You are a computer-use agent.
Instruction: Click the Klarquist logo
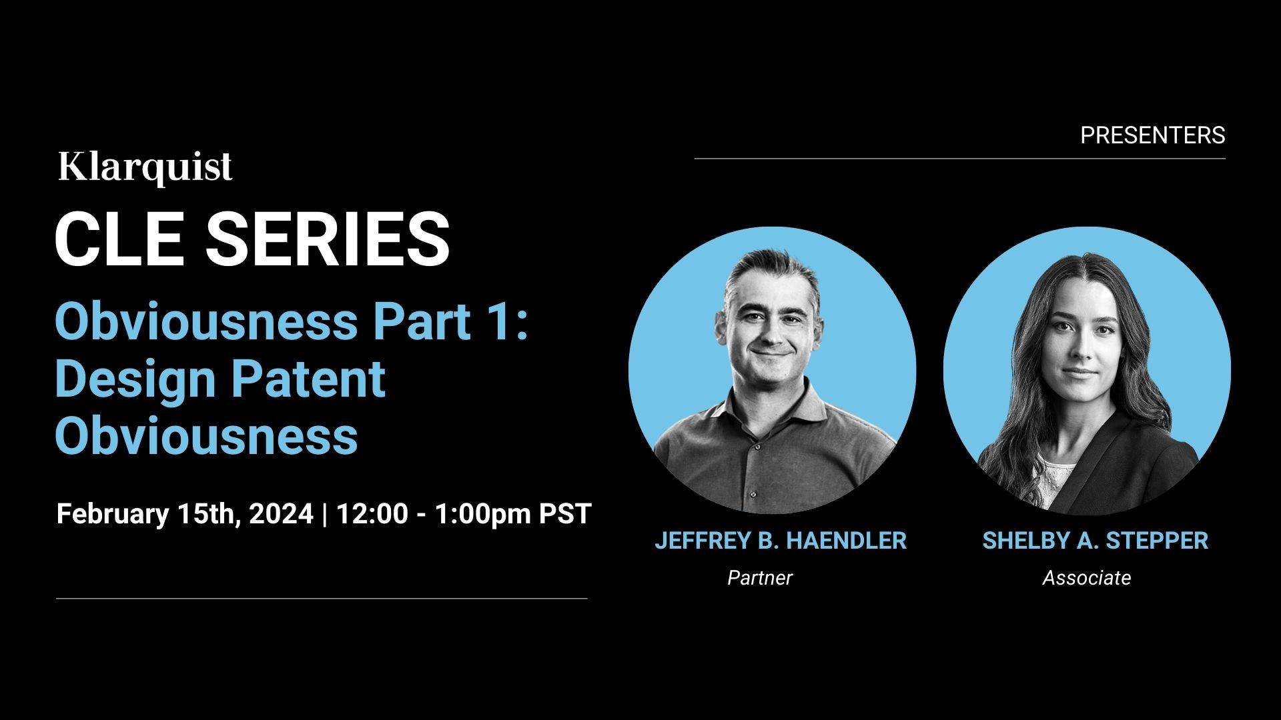point(145,167)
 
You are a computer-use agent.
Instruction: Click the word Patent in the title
point(308,378)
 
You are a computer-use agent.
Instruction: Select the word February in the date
point(113,515)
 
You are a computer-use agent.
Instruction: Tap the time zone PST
point(565,514)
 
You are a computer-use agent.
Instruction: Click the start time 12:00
point(372,514)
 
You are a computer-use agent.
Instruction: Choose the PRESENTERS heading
point(1152,135)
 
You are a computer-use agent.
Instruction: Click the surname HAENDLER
point(847,541)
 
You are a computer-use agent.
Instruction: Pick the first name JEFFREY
point(703,541)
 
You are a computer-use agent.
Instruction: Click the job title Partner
point(760,577)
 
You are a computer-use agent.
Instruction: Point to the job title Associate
point(1087,577)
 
